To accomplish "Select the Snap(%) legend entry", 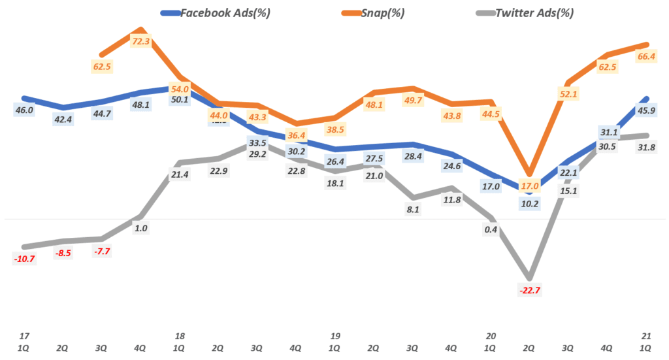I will click(x=378, y=12).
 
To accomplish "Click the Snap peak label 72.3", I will click(x=141, y=41).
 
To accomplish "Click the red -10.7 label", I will click(x=24, y=259).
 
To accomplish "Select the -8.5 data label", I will click(x=63, y=252).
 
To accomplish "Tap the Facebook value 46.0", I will click(x=24, y=110).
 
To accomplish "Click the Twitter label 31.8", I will click(x=646, y=147).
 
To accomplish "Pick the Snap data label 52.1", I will click(x=568, y=94).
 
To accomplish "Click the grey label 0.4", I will click(x=491, y=229).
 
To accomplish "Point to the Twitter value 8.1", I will click(x=413, y=210).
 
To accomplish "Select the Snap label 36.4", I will click(x=297, y=135).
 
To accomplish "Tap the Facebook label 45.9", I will click(x=646, y=110).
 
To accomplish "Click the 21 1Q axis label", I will click(x=646, y=341).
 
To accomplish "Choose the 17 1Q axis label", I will click(x=25, y=341).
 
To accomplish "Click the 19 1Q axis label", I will click(x=335, y=341).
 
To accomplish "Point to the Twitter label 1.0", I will click(x=140, y=228).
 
